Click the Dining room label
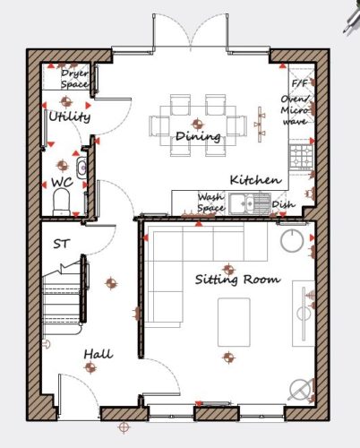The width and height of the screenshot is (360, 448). click(198, 136)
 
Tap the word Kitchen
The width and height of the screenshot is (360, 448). click(255, 180)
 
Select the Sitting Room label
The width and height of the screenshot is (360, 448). click(238, 280)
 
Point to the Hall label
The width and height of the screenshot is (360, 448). click(99, 354)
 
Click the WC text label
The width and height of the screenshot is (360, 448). click(62, 182)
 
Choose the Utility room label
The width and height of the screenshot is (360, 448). click(69, 116)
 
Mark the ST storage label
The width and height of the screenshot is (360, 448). click(61, 244)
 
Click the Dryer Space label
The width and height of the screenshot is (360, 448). click(74, 79)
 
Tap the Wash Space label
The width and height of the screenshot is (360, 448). click(210, 202)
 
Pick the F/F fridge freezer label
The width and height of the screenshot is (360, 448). click(299, 83)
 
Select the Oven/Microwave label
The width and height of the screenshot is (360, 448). click(295, 110)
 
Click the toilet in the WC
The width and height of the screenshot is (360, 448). click(62, 202)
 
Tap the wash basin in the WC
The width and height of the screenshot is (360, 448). click(81, 168)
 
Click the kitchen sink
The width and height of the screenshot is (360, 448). click(250, 203)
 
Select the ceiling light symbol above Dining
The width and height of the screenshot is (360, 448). click(197, 124)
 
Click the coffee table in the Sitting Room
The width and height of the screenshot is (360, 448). click(234, 322)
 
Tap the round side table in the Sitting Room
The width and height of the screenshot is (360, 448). click(292, 240)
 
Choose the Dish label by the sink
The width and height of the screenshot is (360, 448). click(284, 204)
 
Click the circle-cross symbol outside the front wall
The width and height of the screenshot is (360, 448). click(124, 427)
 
